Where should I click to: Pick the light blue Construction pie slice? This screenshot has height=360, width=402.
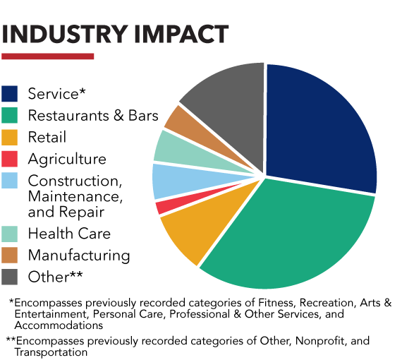169,181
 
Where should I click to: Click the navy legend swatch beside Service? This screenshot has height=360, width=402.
11,93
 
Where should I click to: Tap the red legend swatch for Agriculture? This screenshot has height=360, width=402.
11,159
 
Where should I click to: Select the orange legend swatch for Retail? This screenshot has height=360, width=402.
11,137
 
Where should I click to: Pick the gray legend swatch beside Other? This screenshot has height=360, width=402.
11,276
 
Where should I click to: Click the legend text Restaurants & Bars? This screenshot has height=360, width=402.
93,115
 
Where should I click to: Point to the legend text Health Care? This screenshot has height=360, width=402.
69,233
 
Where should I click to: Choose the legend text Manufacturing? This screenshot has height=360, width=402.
79,255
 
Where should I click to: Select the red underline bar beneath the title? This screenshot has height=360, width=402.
48,56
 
